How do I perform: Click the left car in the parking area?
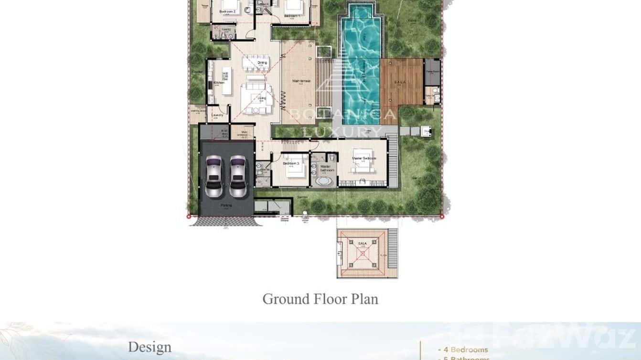(214, 176)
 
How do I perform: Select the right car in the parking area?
(238, 176)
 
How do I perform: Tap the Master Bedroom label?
(364, 158)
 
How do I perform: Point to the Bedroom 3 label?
(291, 163)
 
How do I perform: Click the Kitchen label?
(219, 83)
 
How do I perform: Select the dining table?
(256, 63)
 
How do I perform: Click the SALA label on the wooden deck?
(400, 82)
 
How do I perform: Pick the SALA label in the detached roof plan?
(362, 244)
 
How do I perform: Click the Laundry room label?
(218, 115)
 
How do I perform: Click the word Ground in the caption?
(286, 299)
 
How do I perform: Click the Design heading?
(150, 347)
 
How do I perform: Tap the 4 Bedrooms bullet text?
(464, 349)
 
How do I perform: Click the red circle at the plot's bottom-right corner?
(442, 217)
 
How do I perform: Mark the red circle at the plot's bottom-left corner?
(189, 217)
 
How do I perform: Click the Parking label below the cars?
(226, 205)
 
